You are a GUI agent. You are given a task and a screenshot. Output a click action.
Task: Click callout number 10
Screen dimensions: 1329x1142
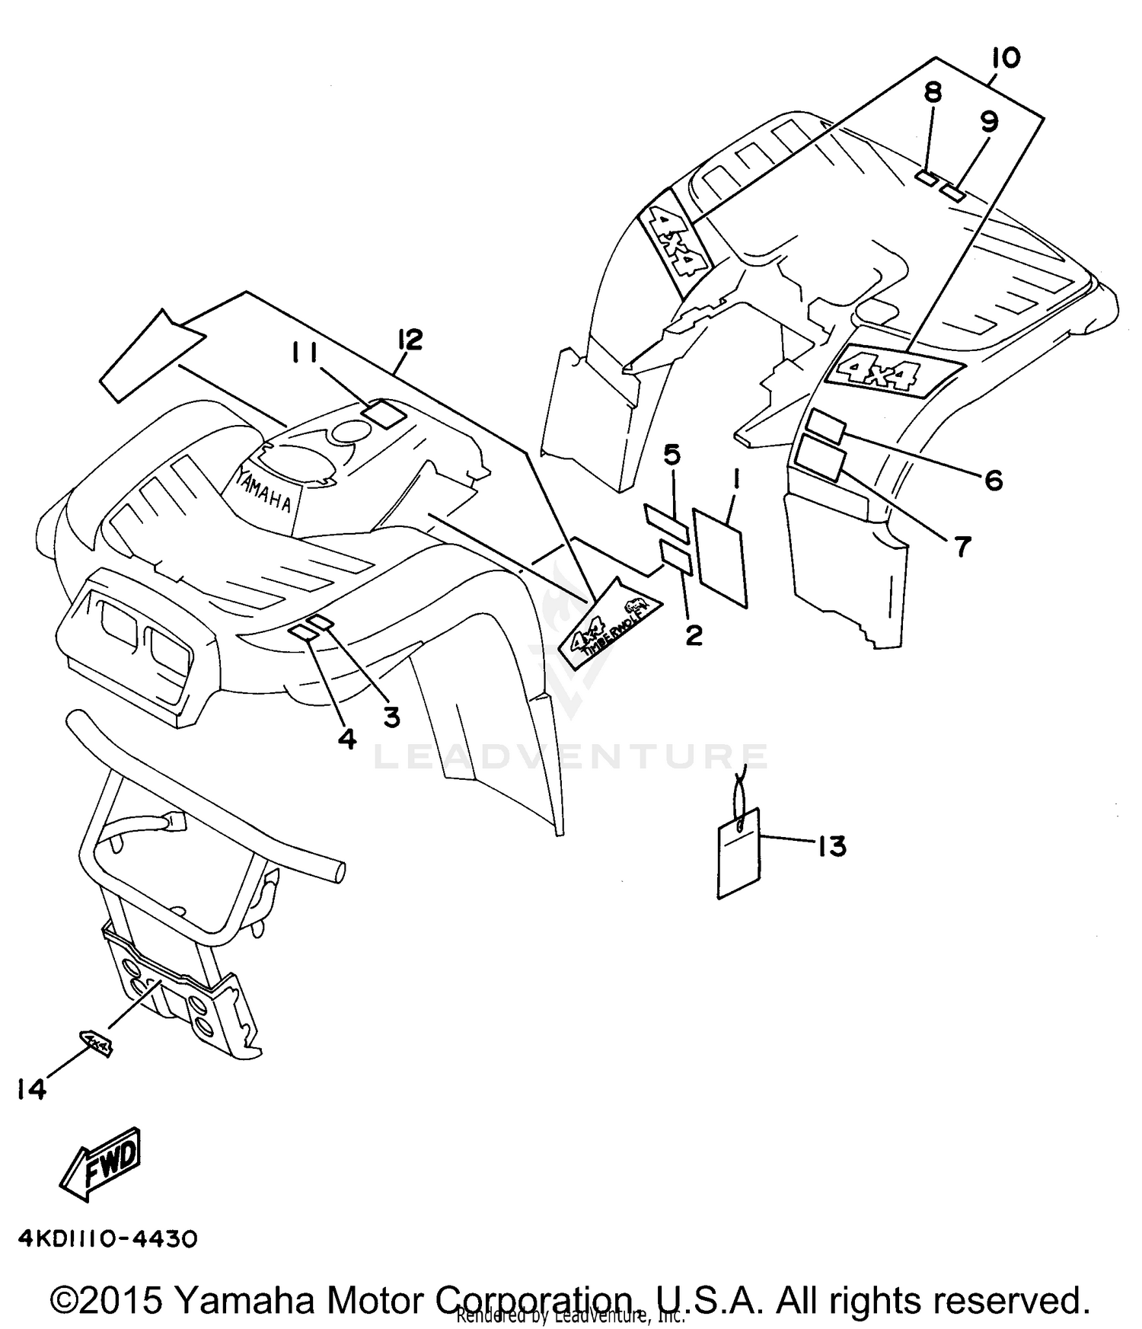(x=1006, y=59)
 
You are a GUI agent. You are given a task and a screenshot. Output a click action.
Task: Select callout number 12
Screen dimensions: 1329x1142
(x=409, y=340)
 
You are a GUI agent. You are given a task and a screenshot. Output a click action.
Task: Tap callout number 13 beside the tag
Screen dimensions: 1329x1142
(x=831, y=846)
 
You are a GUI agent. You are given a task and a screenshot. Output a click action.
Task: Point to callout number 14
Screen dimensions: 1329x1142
(x=32, y=1090)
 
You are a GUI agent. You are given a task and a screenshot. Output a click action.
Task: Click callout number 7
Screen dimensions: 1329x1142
(x=963, y=546)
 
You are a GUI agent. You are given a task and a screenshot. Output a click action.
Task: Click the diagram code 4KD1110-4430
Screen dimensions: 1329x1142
(x=107, y=1239)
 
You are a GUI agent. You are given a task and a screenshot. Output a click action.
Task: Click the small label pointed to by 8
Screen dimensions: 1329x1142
(x=926, y=178)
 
